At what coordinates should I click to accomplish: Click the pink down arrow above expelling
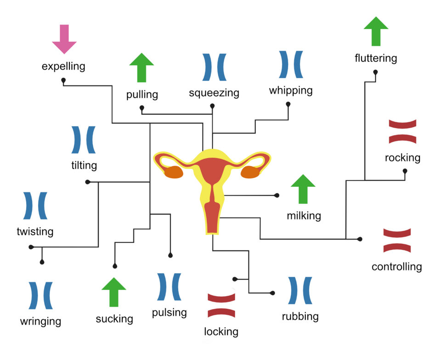[64, 39]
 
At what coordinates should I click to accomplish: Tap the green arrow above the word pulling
[141, 67]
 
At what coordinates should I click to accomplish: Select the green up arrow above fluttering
[376, 31]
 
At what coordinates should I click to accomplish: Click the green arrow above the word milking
[303, 189]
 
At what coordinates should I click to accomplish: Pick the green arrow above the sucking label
[113, 292]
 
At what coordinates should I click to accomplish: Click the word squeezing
[214, 93]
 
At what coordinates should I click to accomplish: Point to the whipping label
[291, 90]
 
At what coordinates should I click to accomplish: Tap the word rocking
[402, 157]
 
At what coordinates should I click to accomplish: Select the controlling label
[396, 266]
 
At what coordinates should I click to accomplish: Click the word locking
[221, 332]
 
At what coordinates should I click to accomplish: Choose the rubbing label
[300, 316]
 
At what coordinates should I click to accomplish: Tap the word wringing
[40, 321]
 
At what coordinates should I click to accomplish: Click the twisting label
[35, 231]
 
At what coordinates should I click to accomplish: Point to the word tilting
[84, 165]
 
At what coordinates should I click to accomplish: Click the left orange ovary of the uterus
[174, 172]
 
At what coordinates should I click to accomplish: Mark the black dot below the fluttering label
[375, 72]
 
